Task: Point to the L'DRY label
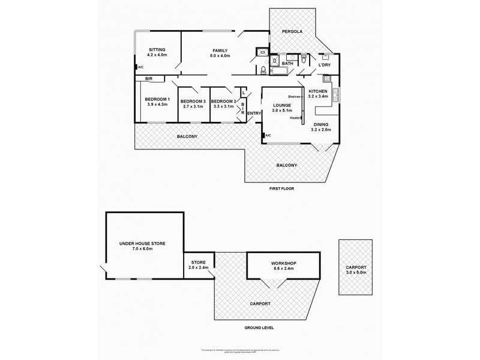[x=325, y=62]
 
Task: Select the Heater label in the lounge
[x=295, y=118]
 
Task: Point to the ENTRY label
[x=254, y=113]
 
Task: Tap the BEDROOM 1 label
[x=157, y=99]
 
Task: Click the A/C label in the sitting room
[x=140, y=68]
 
